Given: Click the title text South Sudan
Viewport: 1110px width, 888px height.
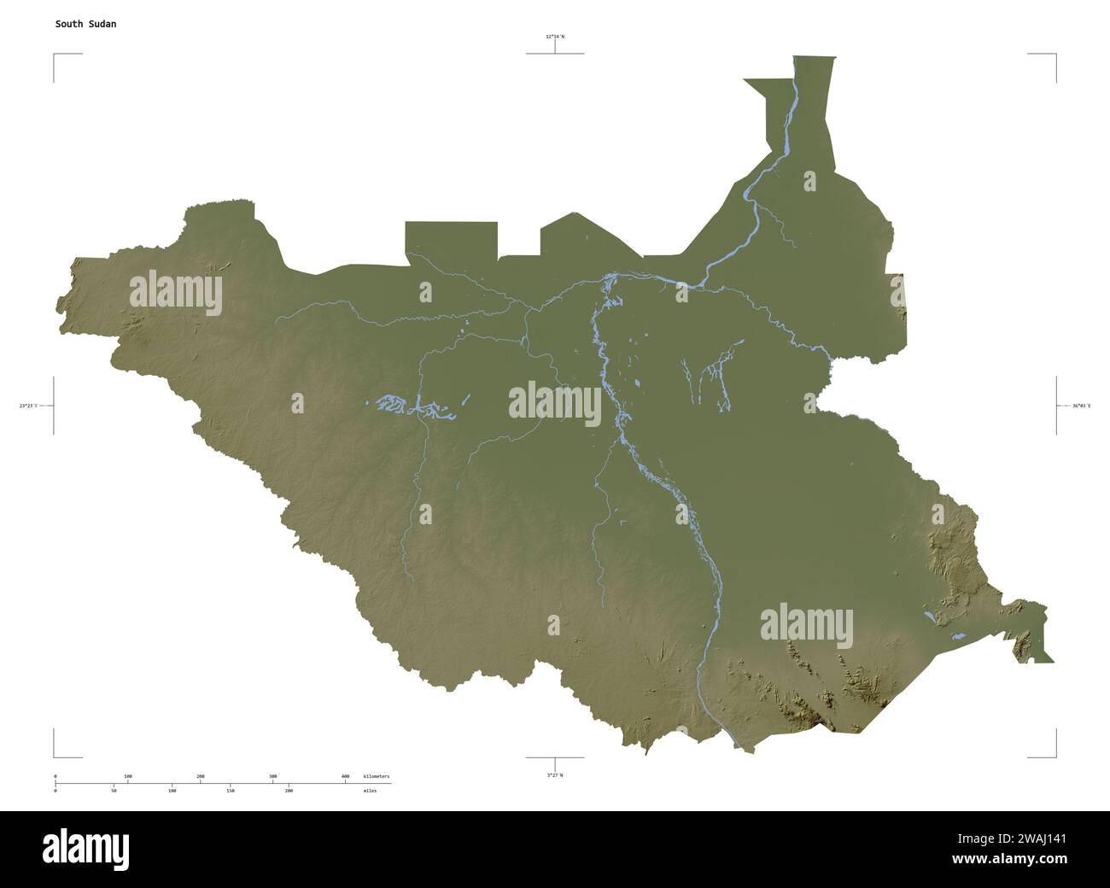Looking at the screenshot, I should tap(86, 24).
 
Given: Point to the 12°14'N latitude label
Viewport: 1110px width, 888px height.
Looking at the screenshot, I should tap(555, 37).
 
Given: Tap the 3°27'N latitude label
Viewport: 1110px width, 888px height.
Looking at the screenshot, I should tap(555, 775).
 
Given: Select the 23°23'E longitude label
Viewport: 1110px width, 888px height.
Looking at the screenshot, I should tap(28, 406).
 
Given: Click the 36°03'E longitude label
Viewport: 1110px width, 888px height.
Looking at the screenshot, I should tap(1081, 406).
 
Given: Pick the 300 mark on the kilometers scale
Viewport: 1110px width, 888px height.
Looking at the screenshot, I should tap(273, 776).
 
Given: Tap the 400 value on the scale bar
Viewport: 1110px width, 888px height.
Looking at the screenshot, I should tap(345, 776).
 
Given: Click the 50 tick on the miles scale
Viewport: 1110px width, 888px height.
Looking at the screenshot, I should tap(114, 791).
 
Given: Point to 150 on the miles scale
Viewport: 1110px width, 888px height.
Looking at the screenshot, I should tap(231, 791).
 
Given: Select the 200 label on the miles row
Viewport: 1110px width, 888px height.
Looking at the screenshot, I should tap(289, 791).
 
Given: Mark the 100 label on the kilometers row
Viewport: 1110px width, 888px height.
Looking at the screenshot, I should tap(128, 776).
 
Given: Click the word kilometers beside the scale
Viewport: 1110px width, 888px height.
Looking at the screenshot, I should tap(376, 776).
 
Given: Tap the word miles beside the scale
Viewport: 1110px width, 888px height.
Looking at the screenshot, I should tap(369, 791).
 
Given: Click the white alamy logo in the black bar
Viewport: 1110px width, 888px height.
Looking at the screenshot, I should tap(85, 848).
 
